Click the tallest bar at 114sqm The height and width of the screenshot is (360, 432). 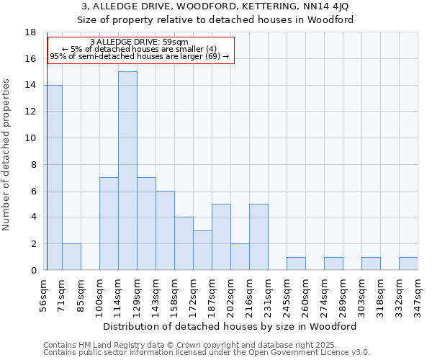[x=127, y=171]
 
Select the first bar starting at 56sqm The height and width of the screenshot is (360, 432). [x=53, y=177]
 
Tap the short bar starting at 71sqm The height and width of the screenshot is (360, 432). [x=71, y=256]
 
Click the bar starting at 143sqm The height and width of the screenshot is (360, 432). [x=165, y=230]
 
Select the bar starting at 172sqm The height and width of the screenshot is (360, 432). [x=202, y=250]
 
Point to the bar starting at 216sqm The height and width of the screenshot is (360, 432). [x=258, y=237]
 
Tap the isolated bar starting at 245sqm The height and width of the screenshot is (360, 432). [x=296, y=264]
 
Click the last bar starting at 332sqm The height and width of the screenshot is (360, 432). [x=408, y=264]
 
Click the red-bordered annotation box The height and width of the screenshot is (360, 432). [x=141, y=50]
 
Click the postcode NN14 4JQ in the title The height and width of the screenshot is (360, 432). [x=327, y=6]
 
